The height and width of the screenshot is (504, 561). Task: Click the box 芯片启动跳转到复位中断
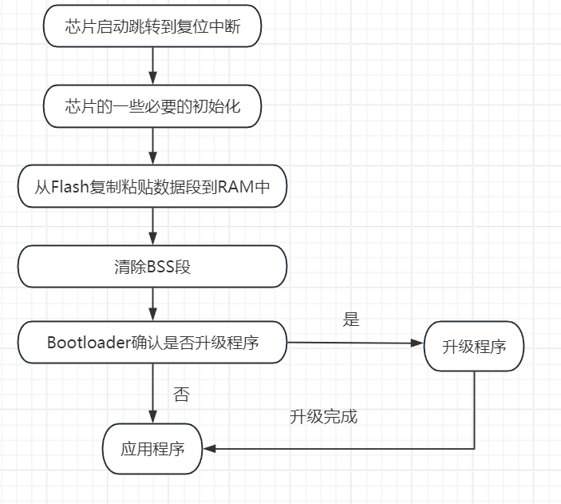point(152,26)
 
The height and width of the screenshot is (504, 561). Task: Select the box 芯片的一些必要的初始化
point(152,106)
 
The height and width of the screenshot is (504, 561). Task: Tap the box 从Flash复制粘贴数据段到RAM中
point(152,187)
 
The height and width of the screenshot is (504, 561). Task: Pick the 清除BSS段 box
point(152,267)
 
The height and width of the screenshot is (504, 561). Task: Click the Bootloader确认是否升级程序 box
point(152,343)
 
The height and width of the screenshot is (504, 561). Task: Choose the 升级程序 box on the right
point(474,347)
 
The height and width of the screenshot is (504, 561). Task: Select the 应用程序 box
point(152,448)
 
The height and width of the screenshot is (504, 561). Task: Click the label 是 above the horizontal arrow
point(351,319)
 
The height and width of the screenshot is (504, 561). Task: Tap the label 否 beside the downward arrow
point(181,395)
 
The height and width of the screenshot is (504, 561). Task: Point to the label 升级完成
point(323,416)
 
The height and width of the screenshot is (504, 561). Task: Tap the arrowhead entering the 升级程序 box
point(417,343)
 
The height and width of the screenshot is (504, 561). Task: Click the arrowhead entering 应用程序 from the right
point(209,448)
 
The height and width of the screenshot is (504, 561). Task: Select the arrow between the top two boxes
point(152,65)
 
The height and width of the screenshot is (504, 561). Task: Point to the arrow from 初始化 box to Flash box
point(152,146)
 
